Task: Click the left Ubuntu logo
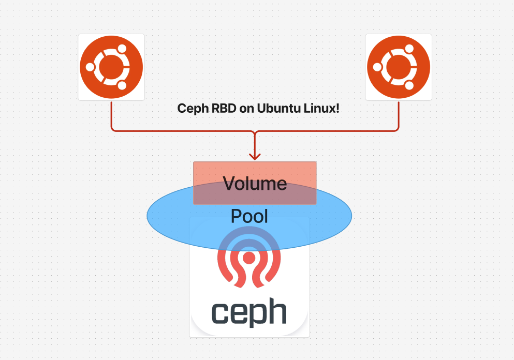pyautogui.click(x=111, y=67)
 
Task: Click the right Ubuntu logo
pyautogui.click(x=398, y=67)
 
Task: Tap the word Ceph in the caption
pyautogui.click(x=190, y=109)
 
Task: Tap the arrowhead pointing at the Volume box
pyautogui.click(x=254, y=156)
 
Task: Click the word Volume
pyautogui.click(x=255, y=184)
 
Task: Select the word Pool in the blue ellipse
pyautogui.click(x=249, y=216)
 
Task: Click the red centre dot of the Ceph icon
pyautogui.click(x=249, y=257)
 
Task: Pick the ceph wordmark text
pyautogui.click(x=249, y=312)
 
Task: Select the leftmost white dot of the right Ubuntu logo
pyautogui.click(x=377, y=67)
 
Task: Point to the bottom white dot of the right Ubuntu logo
pyautogui.click(x=409, y=86)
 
